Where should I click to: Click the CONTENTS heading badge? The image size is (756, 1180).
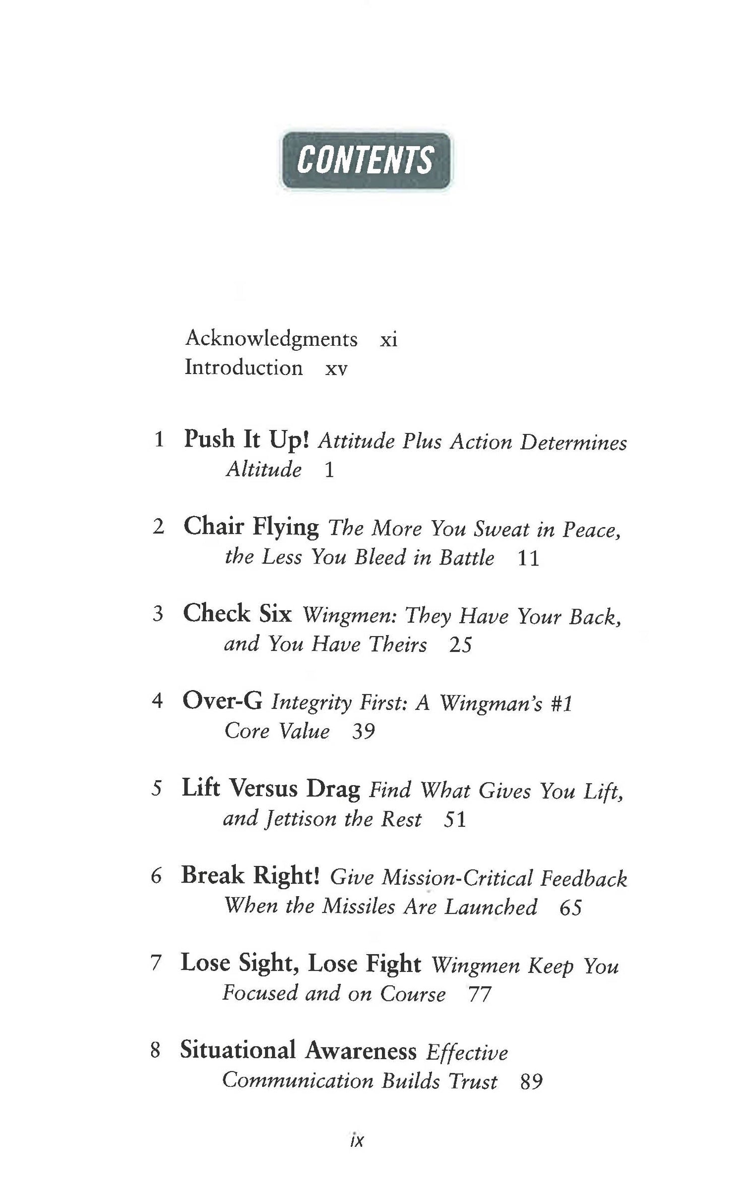365,160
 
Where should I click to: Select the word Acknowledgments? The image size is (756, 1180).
271,339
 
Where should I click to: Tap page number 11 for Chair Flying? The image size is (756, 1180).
528,558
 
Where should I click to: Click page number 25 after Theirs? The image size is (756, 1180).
460,645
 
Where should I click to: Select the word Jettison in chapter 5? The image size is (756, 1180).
300,819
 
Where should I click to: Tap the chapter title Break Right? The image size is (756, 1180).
250,876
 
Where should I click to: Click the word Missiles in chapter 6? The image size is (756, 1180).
358,907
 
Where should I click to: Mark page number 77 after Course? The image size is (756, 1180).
479,995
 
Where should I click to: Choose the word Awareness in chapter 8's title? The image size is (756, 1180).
361,1051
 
